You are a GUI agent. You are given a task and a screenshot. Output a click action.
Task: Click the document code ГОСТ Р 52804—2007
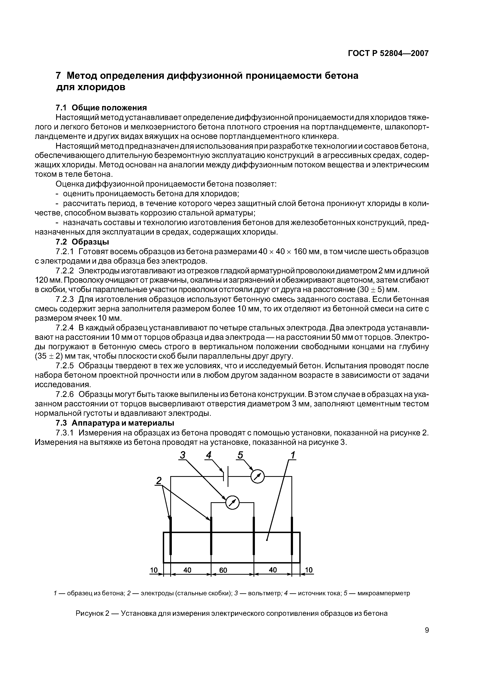(x=388, y=53)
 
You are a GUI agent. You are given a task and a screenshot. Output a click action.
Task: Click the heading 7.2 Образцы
(x=82, y=242)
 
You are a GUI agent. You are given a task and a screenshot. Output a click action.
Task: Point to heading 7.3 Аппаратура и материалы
(x=115, y=423)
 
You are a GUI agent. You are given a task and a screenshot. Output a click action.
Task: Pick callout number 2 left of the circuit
(x=159, y=481)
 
